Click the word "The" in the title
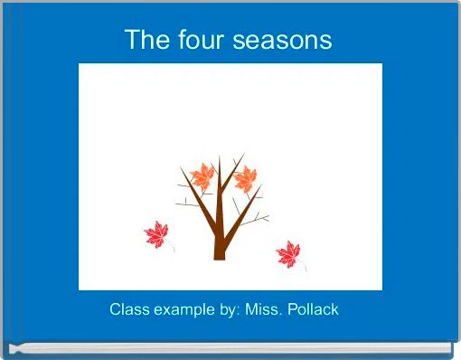coord(144,41)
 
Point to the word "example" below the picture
coord(183,310)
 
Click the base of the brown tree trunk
coord(219,256)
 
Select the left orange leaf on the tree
coord(202,175)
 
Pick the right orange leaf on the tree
coord(245,179)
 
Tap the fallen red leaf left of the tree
coord(157,236)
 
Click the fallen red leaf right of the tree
coord(288,254)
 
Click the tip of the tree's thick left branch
coord(181,168)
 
